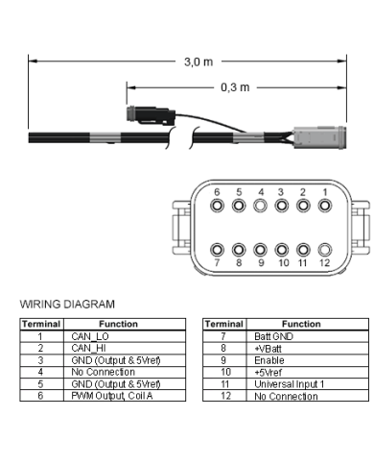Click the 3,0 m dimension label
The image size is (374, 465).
pos(199,61)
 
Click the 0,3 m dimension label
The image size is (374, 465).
pos(235,86)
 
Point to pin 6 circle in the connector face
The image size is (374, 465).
pos(218,206)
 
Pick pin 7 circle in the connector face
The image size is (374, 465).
pos(218,247)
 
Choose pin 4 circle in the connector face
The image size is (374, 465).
pos(260,206)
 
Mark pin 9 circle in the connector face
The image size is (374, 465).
pos(260,247)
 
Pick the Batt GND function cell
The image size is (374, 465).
pos(272,336)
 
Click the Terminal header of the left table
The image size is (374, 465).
pos(40,325)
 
